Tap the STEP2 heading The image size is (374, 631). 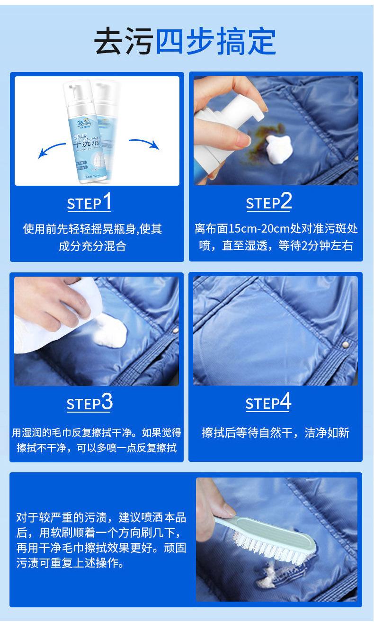click(x=268, y=202)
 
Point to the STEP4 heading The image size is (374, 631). click(x=268, y=403)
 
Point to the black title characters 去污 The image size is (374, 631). click(x=124, y=42)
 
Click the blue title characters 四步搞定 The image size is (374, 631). click(x=216, y=42)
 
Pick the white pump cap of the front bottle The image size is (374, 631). click(x=74, y=90)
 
